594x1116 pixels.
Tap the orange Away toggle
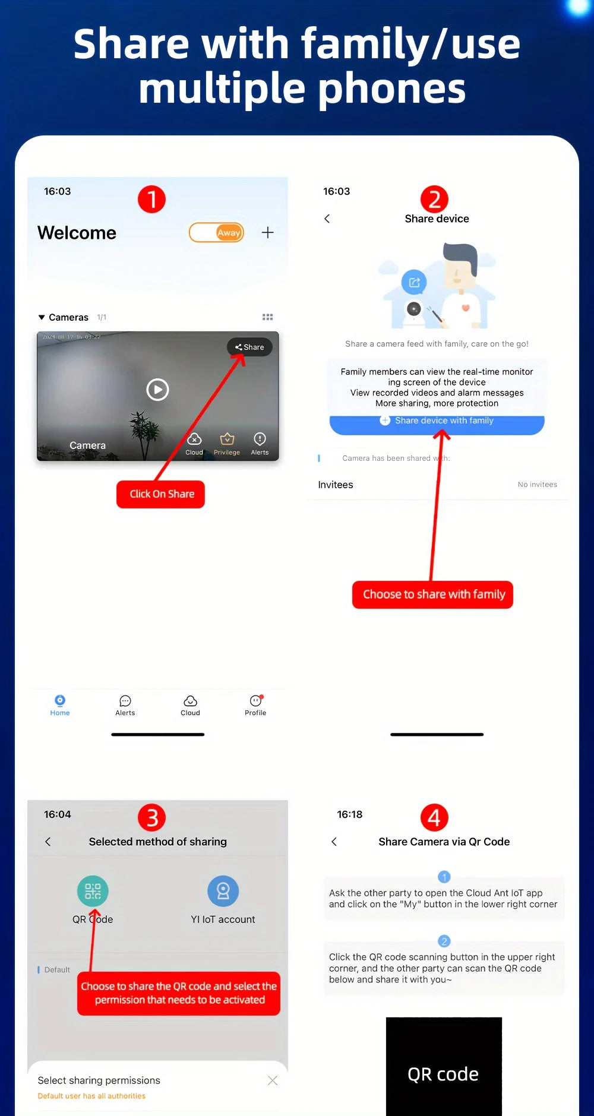tap(217, 232)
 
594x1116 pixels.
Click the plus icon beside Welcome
tap(268, 232)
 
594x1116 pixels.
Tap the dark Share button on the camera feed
tap(249, 347)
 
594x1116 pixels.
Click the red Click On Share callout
tap(161, 494)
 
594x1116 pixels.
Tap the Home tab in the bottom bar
tap(60, 705)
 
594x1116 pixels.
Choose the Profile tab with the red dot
tap(255, 705)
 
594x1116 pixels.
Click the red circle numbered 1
tap(151, 200)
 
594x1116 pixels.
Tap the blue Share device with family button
tap(437, 421)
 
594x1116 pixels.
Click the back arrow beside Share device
tap(327, 219)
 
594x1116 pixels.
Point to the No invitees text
tap(537, 485)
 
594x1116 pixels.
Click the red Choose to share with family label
tap(433, 595)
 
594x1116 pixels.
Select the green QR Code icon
tap(93, 891)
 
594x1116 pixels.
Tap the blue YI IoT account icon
tap(223, 891)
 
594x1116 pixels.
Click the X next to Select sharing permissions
tap(273, 1080)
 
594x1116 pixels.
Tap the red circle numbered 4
tap(434, 818)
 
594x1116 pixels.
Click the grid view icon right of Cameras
tap(268, 317)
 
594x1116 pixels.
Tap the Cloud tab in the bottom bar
tap(190, 705)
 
